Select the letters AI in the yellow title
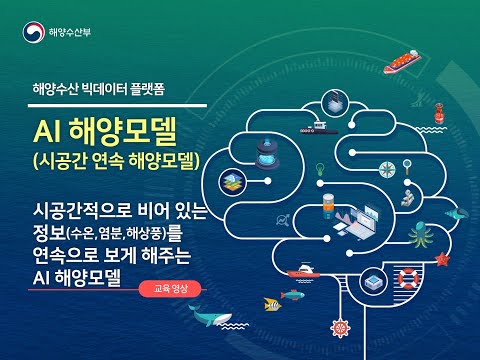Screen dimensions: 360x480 [x=48, y=131]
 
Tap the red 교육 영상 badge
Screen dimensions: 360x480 [x=176, y=288]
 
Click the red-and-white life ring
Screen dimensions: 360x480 [x=406, y=277]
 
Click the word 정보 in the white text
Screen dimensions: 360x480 [x=50, y=236]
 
